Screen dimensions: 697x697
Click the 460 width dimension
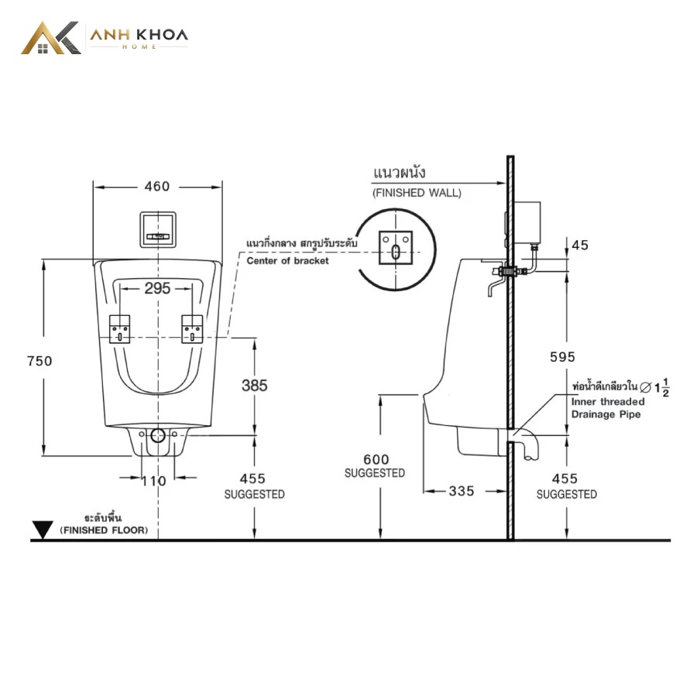(x=157, y=186)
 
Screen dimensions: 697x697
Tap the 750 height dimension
(x=39, y=361)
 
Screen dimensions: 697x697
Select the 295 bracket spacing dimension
(x=157, y=289)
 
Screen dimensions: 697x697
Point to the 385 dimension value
(x=255, y=386)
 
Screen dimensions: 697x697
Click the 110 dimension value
(x=154, y=481)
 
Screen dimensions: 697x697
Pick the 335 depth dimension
(x=462, y=491)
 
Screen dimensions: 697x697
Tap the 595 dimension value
(x=562, y=357)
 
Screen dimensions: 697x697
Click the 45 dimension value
(x=580, y=245)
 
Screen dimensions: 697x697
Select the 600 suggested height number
(x=376, y=459)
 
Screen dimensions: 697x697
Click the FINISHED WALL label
(x=417, y=193)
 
